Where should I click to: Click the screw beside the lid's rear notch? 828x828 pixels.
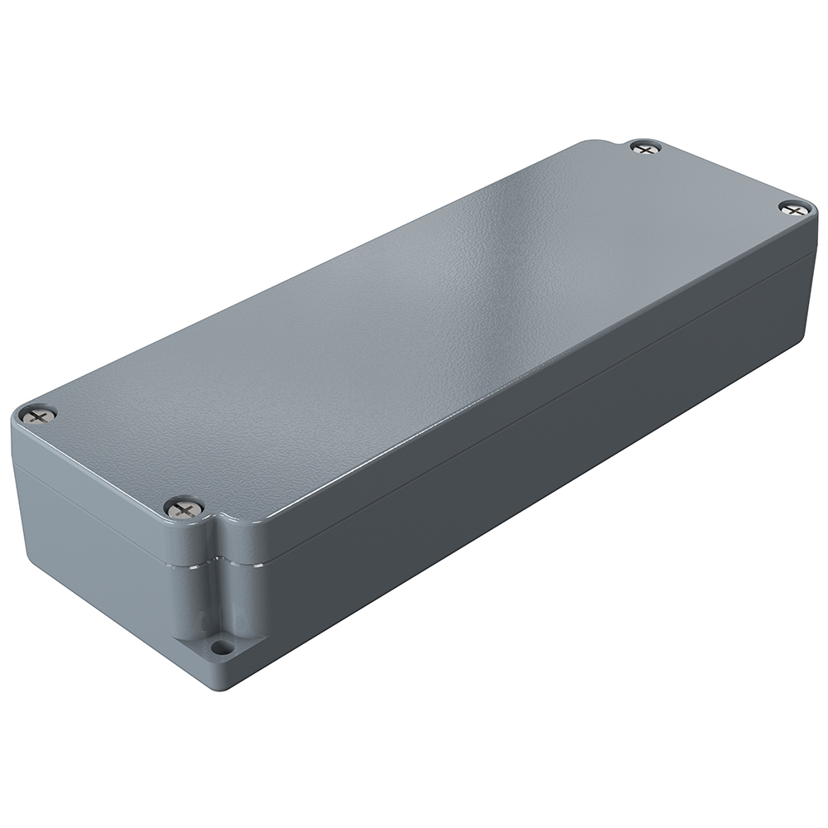coord(645,148)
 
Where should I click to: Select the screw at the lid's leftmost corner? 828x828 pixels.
coord(38,414)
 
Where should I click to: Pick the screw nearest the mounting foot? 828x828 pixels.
coord(183,508)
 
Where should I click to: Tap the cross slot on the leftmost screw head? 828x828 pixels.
coord(38,414)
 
